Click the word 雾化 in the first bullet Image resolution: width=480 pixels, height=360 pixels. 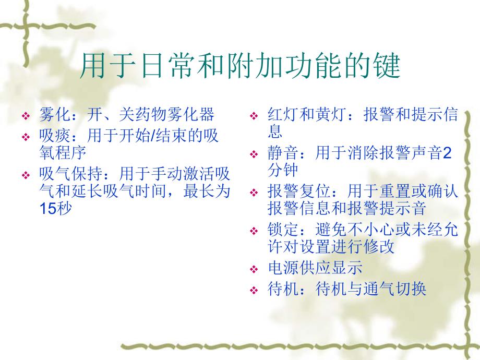click(54, 115)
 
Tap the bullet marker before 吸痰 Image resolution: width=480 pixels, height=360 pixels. click(26, 138)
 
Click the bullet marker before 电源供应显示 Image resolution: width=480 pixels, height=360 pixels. click(254, 270)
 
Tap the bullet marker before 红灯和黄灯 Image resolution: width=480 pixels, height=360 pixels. click(254, 117)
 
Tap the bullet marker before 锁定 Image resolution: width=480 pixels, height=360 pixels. click(254, 231)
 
